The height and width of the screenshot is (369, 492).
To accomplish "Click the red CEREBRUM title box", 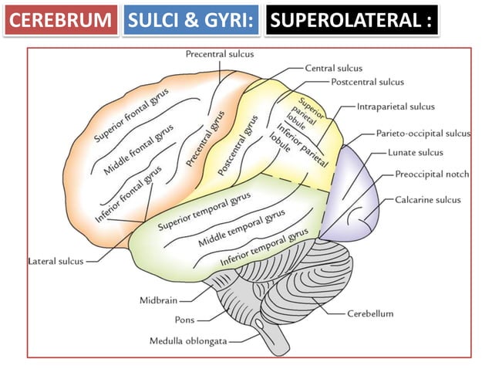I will coord(60,20).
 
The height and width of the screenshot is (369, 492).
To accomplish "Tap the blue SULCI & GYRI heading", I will coord(190,20).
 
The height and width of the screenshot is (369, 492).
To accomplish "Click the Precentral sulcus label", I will coord(220,54).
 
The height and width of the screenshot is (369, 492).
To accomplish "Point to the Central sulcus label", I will coord(333,68).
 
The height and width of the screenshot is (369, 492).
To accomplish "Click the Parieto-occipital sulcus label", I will coord(423,134).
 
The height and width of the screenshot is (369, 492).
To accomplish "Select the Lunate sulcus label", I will coord(416,153).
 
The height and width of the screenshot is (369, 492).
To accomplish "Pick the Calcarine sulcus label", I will coord(428,200).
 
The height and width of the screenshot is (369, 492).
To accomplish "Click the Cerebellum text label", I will coord(370,314).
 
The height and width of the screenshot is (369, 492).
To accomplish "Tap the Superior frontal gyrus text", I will coord(134,113).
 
